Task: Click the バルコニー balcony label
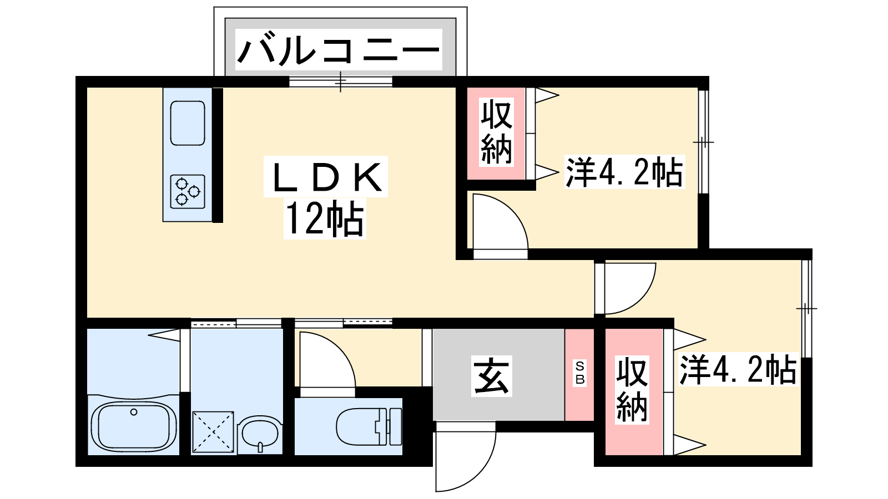click(338, 50)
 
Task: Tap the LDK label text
click(326, 177)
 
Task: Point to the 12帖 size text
click(325, 219)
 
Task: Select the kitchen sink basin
click(188, 123)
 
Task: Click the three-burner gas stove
click(188, 192)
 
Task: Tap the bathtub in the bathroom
click(134, 426)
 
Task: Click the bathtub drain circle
click(134, 413)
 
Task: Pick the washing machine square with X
click(213, 432)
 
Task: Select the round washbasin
click(260, 432)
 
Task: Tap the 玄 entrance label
click(492, 376)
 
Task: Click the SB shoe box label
click(579, 372)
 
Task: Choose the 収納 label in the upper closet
click(496, 132)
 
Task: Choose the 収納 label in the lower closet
click(632, 390)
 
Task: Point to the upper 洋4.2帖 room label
click(624, 172)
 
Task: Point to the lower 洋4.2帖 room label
click(738, 370)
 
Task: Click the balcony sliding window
click(341, 82)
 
